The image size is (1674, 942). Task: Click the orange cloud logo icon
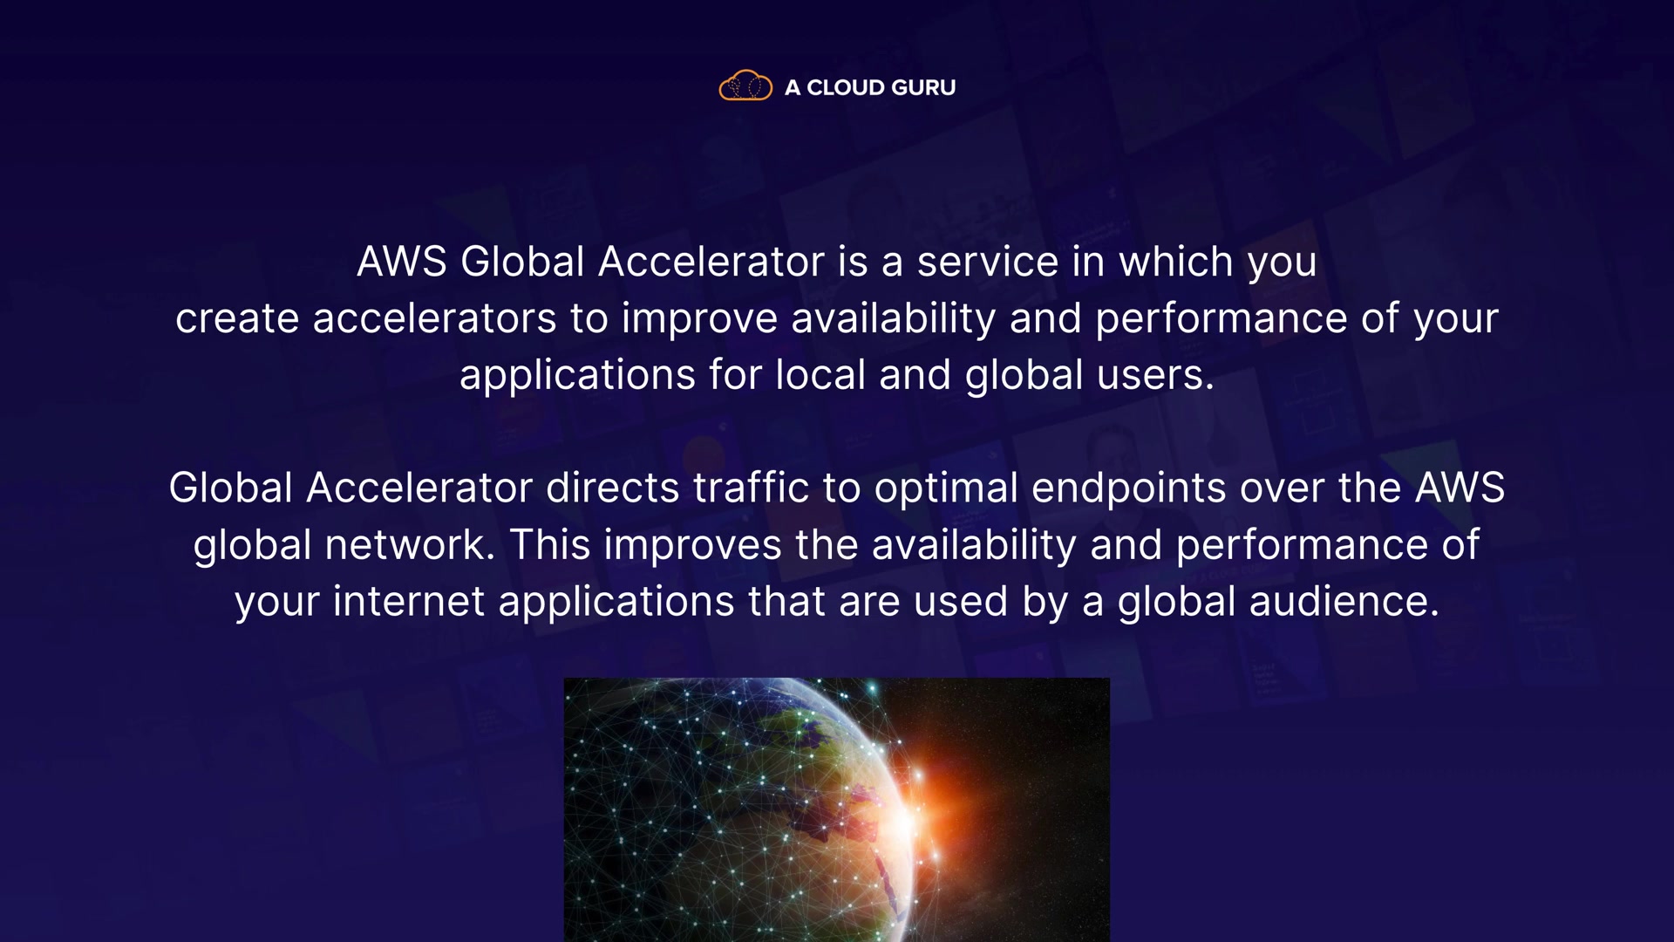[x=745, y=85]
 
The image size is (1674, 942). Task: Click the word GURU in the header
[x=923, y=87]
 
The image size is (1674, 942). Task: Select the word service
[x=988, y=262]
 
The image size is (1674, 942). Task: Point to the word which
[x=1176, y=262]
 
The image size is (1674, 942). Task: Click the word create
[x=237, y=318]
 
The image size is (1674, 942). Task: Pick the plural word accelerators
[x=434, y=318]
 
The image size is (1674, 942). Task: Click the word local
[x=820, y=375]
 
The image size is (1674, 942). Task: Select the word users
[x=1155, y=375]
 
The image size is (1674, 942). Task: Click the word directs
[x=612, y=488]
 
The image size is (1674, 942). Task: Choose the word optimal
[x=946, y=489]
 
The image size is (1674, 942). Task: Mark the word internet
[x=408, y=602]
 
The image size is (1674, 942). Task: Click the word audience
[x=1344, y=602]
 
